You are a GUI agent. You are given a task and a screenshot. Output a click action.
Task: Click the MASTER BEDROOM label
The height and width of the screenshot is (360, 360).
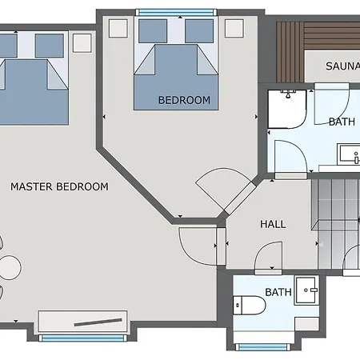pyautogui.click(x=59, y=186)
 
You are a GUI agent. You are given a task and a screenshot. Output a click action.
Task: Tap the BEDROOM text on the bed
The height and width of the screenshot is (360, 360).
pyautogui.click(x=184, y=100)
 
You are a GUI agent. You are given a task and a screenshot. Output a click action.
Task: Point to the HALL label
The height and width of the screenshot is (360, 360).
pyautogui.click(x=273, y=224)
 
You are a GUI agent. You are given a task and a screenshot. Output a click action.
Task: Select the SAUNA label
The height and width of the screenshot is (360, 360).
pyautogui.click(x=342, y=66)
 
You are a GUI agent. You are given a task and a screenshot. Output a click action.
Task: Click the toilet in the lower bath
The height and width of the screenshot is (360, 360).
pyautogui.click(x=250, y=305)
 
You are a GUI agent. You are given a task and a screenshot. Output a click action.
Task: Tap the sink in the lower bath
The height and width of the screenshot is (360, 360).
pyautogui.click(x=306, y=290)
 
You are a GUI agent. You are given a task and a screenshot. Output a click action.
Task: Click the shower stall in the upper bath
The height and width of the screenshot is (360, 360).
pyautogui.click(x=287, y=110)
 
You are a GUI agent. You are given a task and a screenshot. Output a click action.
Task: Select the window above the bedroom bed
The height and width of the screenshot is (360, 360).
pyautogui.click(x=176, y=13)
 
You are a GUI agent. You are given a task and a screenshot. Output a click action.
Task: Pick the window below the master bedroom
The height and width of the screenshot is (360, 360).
pyautogui.click(x=83, y=338)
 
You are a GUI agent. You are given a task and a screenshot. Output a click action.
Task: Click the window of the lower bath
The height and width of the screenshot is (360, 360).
pyautogui.click(x=262, y=347)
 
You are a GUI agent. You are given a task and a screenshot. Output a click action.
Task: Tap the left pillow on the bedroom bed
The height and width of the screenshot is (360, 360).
pyautogui.click(x=153, y=30)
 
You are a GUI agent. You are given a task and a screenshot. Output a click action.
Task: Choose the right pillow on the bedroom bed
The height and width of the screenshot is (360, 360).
pyautogui.click(x=199, y=30)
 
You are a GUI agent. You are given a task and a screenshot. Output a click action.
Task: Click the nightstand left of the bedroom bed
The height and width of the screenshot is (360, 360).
pyautogui.click(x=118, y=28)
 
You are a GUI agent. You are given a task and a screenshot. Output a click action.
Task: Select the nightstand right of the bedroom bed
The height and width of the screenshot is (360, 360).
pyautogui.click(x=234, y=28)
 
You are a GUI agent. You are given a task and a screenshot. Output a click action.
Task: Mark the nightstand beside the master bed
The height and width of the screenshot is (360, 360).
pyautogui.click(x=82, y=43)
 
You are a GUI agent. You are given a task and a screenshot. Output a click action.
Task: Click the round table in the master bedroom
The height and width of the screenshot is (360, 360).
pyautogui.click(x=10, y=267)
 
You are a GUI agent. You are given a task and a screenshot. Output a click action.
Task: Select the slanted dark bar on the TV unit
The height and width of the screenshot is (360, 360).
pyautogui.click(x=98, y=322)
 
